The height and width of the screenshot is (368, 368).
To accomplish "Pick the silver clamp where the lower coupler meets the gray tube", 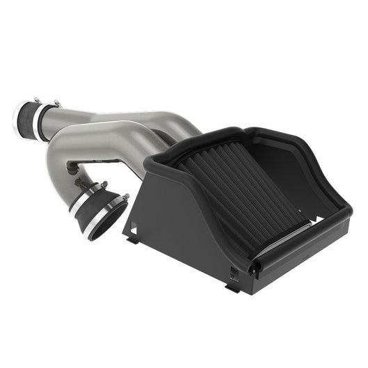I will pos(81,198).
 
